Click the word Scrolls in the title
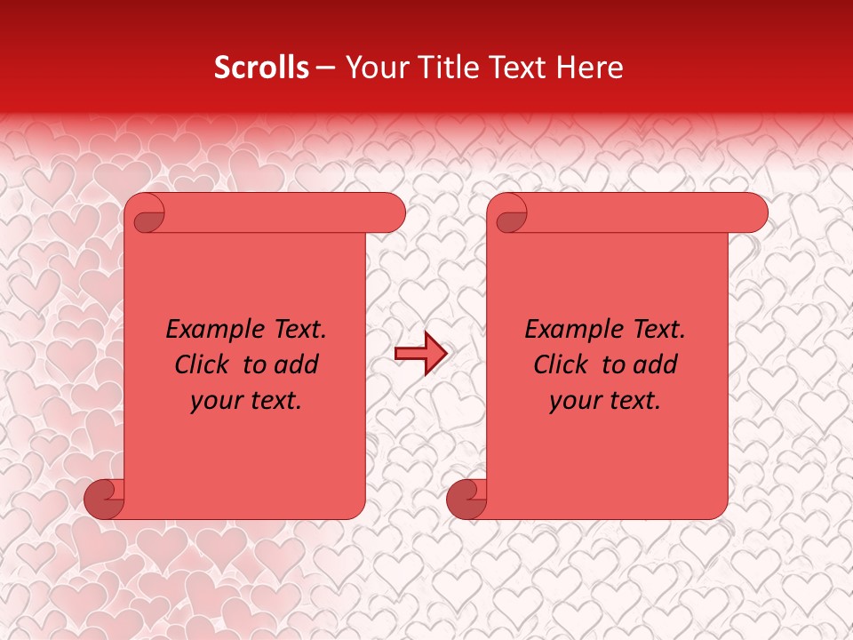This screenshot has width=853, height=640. point(262,68)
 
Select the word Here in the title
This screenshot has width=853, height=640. point(591,68)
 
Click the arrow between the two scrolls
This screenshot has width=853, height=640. point(420,354)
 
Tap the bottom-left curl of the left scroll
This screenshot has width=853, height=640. point(105,499)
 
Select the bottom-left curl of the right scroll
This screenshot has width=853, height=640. point(467,499)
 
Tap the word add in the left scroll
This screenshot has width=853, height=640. point(297,364)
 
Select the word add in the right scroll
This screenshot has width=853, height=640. point(656,364)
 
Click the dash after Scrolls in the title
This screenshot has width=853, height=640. point(325,68)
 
